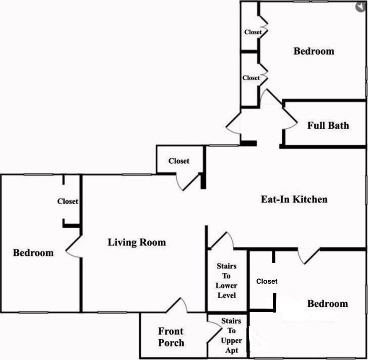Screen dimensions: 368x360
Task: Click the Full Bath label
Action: (x=328, y=125)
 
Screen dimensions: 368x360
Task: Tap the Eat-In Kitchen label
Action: (x=294, y=199)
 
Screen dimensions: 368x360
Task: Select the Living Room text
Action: (x=137, y=243)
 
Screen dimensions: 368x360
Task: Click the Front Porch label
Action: (x=171, y=337)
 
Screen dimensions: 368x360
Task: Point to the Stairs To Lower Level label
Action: (x=226, y=281)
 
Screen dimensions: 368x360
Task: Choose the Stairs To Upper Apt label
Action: (x=231, y=335)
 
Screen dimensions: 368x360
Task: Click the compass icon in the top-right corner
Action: (x=360, y=7)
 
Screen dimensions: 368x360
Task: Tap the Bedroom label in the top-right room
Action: (x=314, y=51)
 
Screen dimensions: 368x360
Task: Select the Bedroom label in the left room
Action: (x=33, y=253)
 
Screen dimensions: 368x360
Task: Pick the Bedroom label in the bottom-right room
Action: (x=328, y=303)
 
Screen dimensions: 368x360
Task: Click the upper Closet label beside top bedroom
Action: (x=253, y=32)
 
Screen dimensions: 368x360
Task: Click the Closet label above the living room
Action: (x=179, y=161)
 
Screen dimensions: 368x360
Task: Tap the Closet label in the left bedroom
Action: (x=68, y=201)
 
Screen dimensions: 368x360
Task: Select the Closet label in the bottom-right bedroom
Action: (x=267, y=281)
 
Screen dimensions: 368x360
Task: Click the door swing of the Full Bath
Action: (x=290, y=117)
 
